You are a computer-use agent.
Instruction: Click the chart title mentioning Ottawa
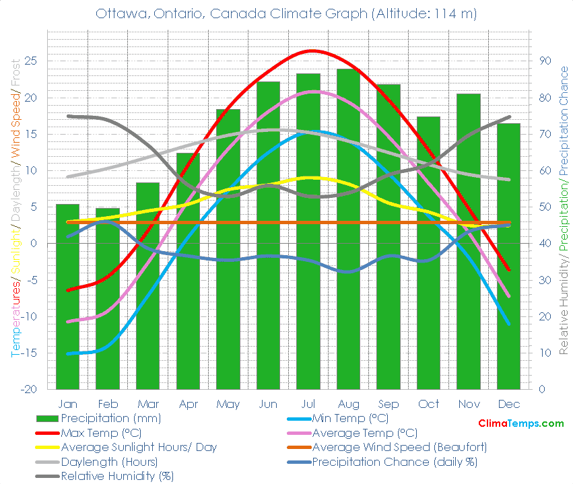click(x=286, y=13)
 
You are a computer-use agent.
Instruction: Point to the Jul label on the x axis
click(x=308, y=404)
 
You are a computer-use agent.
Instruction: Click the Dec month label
click(x=508, y=404)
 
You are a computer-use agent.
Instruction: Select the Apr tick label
click(x=188, y=404)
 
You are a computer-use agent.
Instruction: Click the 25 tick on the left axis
click(x=31, y=61)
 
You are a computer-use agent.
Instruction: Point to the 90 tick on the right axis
click(x=545, y=61)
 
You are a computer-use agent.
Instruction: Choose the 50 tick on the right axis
click(x=545, y=207)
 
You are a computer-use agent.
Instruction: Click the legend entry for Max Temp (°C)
click(x=101, y=433)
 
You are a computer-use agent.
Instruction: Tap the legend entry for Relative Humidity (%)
click(x=117, y=477)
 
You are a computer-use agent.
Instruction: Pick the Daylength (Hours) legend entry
click(x=109, y=462)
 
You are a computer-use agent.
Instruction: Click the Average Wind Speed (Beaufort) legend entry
click(x=399, y=448)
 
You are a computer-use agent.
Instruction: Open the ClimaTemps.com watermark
click(x=520, y=423)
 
